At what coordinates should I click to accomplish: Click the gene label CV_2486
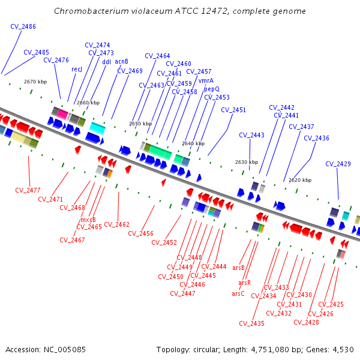coord(23,26)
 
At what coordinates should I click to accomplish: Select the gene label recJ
coord(77,70)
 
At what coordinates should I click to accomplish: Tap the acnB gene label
coord(121,61)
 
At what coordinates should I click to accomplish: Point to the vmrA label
coord(206,80)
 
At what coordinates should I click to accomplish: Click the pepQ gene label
coord(212,89)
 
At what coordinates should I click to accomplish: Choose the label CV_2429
coord(338,164)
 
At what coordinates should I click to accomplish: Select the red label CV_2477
coord(28,190)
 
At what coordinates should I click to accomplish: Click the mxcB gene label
coord(88,220)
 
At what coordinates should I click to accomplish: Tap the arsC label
coord(238,293)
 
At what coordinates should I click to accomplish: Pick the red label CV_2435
coord(251,323)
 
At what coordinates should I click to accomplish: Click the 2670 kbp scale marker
coord(35,82)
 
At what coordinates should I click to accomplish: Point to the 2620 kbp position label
coord(300,180)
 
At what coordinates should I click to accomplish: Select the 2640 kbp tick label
coord(193,143)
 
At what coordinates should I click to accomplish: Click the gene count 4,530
coord(342,349)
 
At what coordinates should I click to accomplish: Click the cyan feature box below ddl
coord(97,128)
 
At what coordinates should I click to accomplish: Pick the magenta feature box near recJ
coord(62,114)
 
